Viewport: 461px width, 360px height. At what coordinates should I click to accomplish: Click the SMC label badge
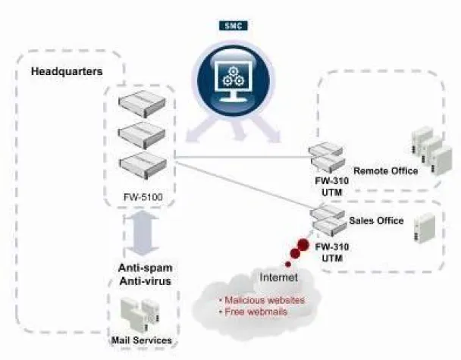pyautogui.click(x=234, y=26)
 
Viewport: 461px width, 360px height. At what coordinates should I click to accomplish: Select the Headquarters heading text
pyautogui.click(x=67, y=73)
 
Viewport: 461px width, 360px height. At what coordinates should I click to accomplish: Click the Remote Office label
pyautogui.click(x=385, y=171)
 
